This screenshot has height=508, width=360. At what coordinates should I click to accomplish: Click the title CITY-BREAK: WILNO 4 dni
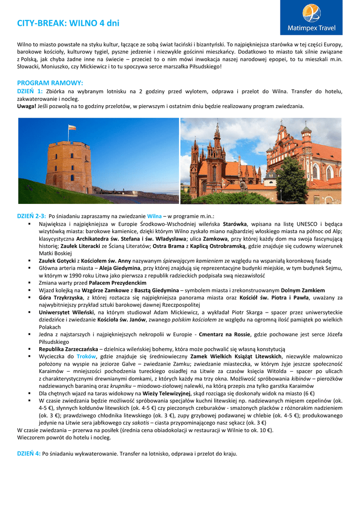click(68, 23)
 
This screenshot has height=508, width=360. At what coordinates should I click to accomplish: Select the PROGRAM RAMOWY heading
click(50, 83)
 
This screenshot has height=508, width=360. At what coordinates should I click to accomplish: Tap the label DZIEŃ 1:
click(30, 91)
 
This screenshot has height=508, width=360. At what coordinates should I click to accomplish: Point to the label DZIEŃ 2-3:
click(32, 216)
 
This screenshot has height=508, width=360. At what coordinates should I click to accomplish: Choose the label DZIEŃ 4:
click(29, 453)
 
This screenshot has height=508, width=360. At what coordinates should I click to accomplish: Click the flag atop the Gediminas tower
click(72, 127)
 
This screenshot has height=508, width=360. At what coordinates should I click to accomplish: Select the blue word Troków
click(86, 357)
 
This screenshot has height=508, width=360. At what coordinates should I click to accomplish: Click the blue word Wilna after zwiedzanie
click(154, 216)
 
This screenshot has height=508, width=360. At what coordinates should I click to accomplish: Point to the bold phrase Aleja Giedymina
click(120, 268)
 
